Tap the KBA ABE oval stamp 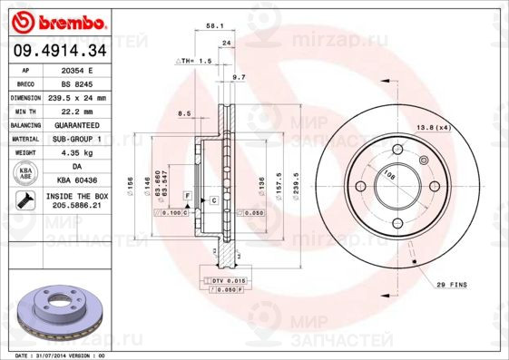tap(26, 173)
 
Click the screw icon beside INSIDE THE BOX tap(26, 200)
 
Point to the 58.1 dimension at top tap(215, 27)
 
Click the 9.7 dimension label tap(239, 79)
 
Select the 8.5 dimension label tap(184, 113)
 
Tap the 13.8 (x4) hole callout tap(433, 127)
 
